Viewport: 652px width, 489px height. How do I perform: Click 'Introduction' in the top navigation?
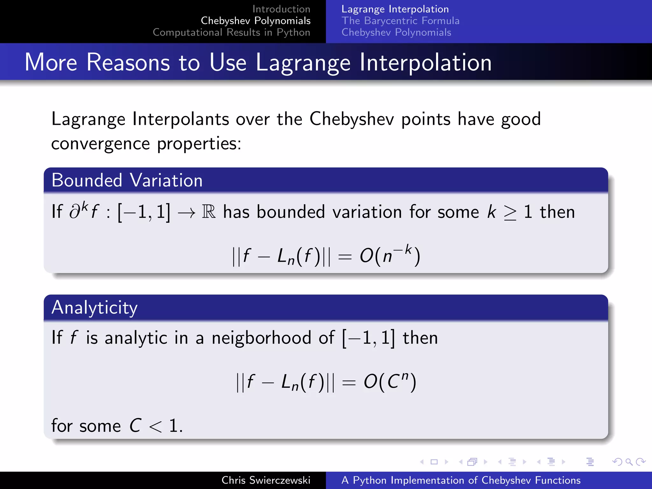tap(281, 9)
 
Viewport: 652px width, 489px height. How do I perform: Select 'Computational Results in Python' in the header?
tap(231, 32)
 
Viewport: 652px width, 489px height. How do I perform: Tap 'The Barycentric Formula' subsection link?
tap(400, 21)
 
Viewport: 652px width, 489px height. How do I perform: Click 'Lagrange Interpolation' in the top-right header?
tap(395, 9)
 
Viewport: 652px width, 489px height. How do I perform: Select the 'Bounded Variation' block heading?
tap(127, 180)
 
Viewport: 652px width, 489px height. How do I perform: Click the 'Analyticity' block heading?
tap(94, 308)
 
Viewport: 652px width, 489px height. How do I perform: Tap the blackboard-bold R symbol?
tap(209, 212)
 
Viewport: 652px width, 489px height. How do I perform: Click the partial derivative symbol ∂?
tap(75, 212)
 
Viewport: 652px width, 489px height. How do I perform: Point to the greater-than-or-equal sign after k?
tap(510, 213)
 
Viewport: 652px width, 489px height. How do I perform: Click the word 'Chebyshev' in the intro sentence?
tap(351, 119)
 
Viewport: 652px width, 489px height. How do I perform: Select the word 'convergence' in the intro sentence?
tap(100, 144)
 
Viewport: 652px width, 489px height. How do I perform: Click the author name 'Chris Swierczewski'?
tap(266, 480)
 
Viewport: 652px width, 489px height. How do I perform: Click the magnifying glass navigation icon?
tap(629, 462)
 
